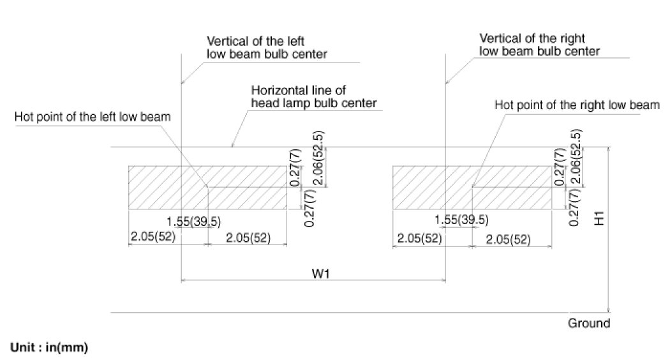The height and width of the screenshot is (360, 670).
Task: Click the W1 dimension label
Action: click(x=320, y=273)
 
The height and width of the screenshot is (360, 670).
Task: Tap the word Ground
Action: click(x=588, y=323)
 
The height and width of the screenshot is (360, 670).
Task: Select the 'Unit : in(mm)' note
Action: click(x=49, y=348)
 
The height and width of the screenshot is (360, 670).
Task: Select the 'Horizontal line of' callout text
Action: click(x=299, y=90)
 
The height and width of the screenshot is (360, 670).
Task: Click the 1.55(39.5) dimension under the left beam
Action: click(x=198, y=221)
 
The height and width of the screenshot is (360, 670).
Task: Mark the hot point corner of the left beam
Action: click(x=208, y=187)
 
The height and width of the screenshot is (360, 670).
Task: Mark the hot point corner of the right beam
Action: click(x=472, y=187)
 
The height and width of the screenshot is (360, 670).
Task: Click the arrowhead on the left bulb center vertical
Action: click(x=183, y=82)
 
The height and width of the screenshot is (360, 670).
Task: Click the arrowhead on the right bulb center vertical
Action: click(x=446, y=82)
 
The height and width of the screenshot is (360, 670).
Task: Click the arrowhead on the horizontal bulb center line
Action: click(x=232, y=146)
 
